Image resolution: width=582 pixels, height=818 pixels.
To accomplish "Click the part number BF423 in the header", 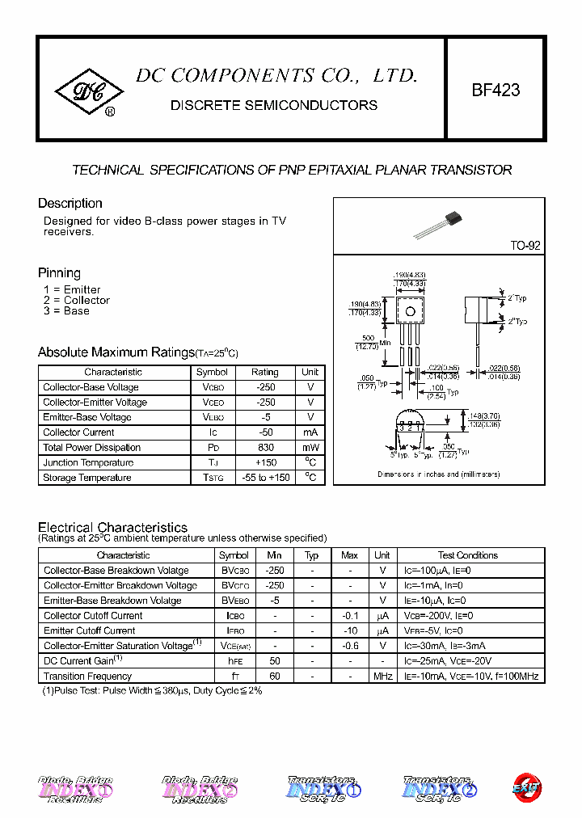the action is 496,91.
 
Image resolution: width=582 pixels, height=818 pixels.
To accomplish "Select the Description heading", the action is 70,204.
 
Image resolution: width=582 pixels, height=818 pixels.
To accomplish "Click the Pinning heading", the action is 59,273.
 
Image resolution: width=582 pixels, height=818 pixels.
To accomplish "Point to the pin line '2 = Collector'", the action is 77,301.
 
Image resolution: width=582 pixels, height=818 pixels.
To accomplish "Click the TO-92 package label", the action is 525,246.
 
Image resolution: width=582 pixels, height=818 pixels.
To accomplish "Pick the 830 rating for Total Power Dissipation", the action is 264,448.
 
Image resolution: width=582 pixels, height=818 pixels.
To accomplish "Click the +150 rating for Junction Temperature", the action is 264,463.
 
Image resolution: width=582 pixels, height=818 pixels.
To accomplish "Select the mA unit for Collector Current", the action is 310,432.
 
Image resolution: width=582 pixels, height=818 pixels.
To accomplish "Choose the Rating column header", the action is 264,373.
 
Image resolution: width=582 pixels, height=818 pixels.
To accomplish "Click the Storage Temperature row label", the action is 87,478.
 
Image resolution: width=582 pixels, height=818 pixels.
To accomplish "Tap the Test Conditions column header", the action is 468,555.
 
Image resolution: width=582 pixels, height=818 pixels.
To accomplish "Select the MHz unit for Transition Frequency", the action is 382,677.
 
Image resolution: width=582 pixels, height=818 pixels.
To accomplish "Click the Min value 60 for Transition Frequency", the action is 274,677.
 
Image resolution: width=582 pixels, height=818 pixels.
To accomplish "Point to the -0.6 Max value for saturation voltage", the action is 349,646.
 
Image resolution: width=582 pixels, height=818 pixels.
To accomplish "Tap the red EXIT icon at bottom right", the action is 527,786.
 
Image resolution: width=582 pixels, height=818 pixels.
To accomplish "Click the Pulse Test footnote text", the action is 152,691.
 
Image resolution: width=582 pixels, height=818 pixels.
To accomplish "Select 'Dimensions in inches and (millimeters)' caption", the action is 439,474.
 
